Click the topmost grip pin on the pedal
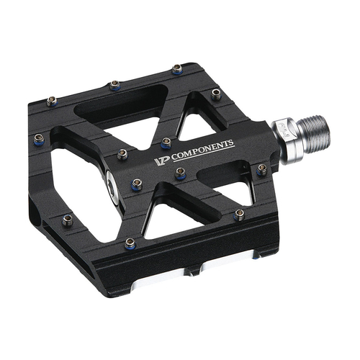pos(177,69)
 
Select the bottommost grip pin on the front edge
pos(130,243)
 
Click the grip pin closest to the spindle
pos(261,169)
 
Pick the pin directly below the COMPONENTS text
pos(180,173)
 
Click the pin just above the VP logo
pos(166,142)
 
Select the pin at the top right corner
pos(215,94)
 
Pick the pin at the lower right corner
pos(239,214)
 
